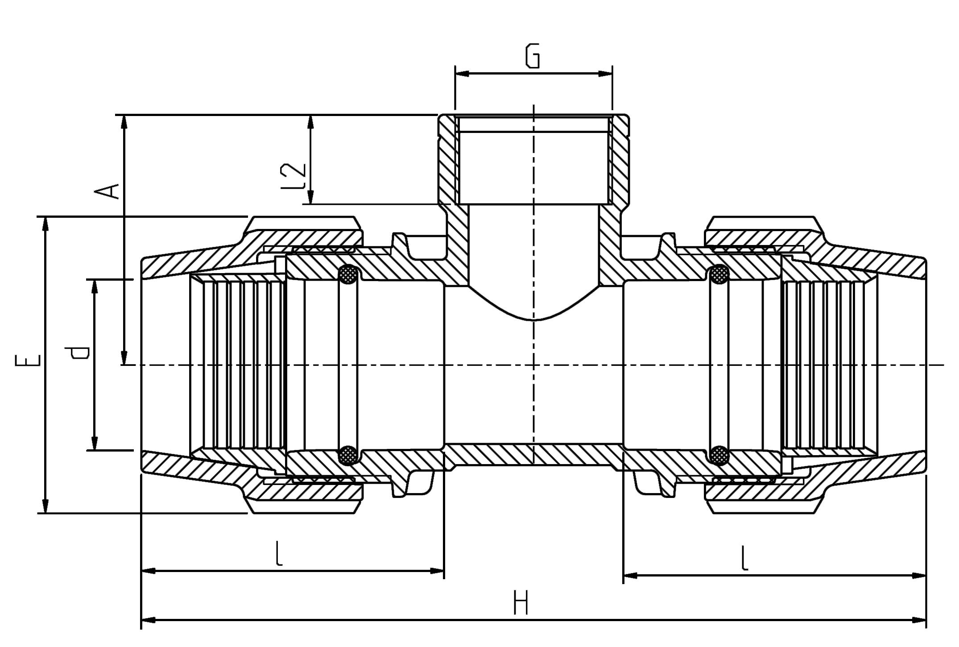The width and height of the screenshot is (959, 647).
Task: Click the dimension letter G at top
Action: [533, 56]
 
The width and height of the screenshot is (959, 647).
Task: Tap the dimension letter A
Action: [107, 191]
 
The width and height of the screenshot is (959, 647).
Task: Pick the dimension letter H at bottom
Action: [521, 602]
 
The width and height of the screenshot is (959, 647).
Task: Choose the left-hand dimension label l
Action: [279, 554]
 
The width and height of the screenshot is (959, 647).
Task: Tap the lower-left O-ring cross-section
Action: [348, 455]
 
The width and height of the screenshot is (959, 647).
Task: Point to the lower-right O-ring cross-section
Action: [719, 455]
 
